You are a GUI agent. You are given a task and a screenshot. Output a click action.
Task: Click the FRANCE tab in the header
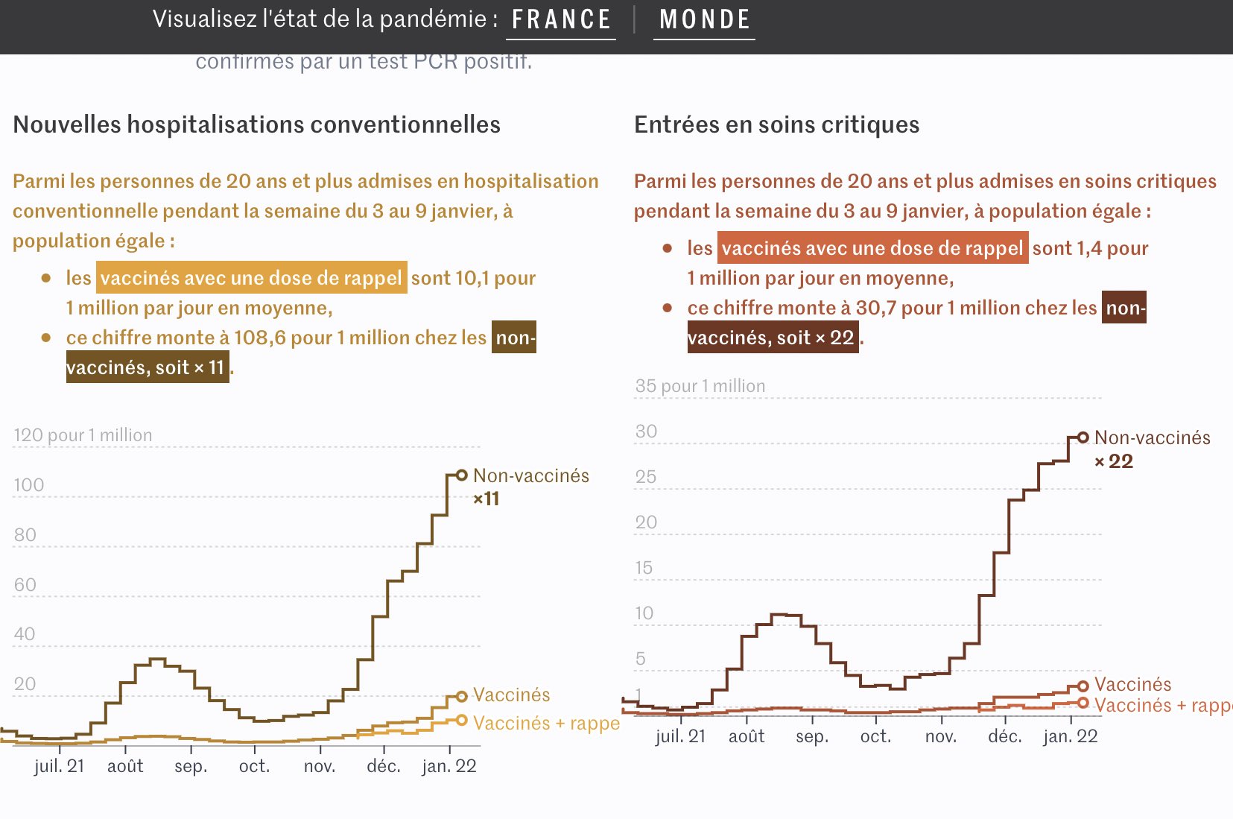pos(561,19)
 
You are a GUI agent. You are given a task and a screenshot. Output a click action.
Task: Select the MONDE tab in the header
pos(704,19)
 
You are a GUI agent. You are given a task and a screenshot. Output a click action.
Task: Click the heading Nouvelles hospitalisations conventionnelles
pos(256,124)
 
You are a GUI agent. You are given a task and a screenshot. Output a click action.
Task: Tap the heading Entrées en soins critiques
pos(776,124)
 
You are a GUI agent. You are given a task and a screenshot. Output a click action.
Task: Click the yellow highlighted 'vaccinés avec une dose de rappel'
pos(251,278)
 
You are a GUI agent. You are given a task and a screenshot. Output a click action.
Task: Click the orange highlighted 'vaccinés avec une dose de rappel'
pos(872,248)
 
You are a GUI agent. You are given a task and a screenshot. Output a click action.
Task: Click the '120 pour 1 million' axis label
pos(83,435)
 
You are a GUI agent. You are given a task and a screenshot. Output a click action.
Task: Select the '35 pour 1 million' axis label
pos(700,386)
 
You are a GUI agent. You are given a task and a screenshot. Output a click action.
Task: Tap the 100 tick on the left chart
pos(29,485)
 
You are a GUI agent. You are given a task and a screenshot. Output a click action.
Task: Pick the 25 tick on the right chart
pos(646,477)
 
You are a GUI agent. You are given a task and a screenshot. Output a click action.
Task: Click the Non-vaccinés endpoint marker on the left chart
pos(462,475)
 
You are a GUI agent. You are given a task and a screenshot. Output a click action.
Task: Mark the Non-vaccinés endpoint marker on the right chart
pos(1083,437)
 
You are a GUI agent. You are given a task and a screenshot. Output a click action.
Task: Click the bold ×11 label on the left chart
pos(486,499)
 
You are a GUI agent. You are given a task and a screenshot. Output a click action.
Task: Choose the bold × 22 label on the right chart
pos(1113,461)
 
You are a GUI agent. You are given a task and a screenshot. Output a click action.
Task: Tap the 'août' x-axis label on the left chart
pos(125,766)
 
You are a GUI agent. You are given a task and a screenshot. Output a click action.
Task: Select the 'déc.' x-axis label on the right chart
pos(1005,736)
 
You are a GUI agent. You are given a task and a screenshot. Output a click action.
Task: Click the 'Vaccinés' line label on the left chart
pos(512,695)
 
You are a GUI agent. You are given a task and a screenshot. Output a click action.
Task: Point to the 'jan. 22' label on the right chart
pos(1071,736)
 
